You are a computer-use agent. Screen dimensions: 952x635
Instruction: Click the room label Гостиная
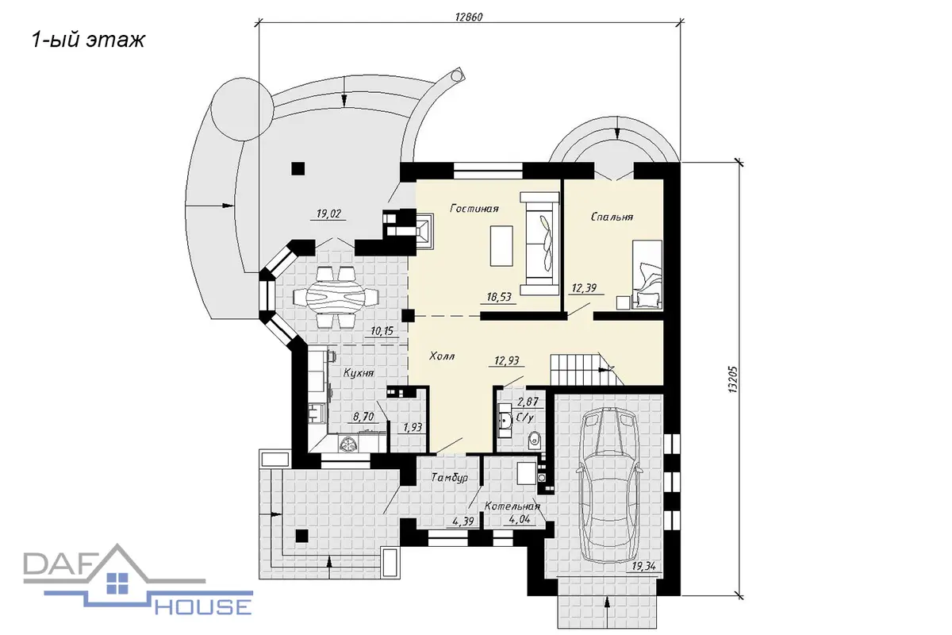coord(474,209)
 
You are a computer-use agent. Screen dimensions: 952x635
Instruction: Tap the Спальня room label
coord(612,217)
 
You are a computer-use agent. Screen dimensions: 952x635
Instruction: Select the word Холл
coord(442,356)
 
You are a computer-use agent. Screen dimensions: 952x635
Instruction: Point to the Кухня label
coord(359,373)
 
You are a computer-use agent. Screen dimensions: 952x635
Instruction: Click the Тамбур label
coord(450,478)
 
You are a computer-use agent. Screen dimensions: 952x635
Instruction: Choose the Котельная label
coord(512,506)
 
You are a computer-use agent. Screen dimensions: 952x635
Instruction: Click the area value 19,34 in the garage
coord(643,566)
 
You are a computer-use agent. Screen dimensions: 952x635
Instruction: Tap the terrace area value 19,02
coord(328,214)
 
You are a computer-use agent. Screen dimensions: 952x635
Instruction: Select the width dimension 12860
coord(469,17)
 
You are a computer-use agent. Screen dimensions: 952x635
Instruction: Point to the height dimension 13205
coord(733,379)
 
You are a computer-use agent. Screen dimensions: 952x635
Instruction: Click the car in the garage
coord(608,485)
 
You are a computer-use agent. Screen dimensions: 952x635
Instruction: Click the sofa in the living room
coord(539,243)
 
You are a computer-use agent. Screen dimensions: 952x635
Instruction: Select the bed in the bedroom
coord(647,275)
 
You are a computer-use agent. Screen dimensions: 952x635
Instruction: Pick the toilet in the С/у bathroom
coord(534,441)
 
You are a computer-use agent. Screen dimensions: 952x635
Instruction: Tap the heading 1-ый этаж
coord(88,40)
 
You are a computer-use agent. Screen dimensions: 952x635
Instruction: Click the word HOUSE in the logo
coord(203,606)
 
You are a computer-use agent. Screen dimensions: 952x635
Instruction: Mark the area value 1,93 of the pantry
coord(413,427)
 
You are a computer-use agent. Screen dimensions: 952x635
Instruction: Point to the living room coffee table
coord(501,246)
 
